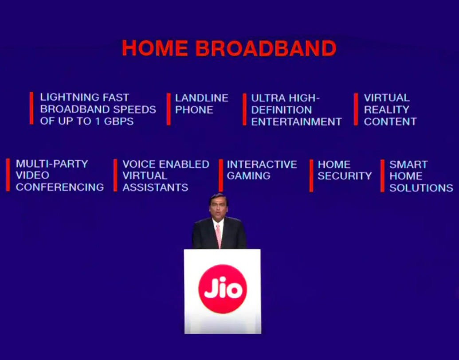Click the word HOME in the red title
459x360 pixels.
155,48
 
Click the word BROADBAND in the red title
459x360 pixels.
266,48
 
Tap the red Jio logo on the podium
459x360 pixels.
223,289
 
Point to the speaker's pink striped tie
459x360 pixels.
218,235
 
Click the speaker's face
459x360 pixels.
218,208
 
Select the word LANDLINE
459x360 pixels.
202,98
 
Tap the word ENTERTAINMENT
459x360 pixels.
296,122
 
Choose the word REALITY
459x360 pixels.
386,110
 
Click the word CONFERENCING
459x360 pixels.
60,187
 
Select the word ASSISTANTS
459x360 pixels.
155,188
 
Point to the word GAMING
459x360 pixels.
248,176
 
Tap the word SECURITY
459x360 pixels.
345,176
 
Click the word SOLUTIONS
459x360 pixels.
421,188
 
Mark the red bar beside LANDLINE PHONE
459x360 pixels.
169,109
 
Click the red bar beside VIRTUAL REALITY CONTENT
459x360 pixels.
356,109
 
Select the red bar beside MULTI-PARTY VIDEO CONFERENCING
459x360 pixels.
8,175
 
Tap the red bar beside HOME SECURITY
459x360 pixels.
311,176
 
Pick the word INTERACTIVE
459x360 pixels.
262,164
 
